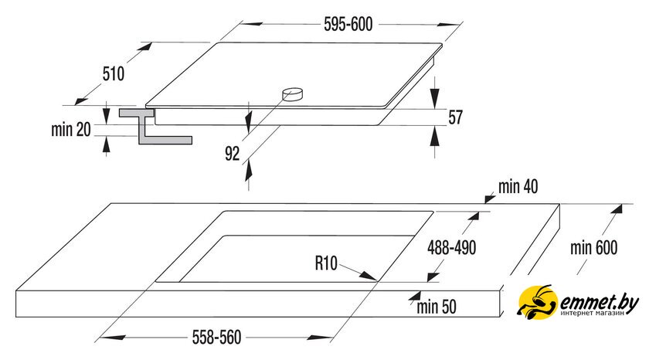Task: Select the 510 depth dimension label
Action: coord(113,74)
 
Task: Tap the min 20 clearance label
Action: coord(72,131)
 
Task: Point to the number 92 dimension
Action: coord(233,154)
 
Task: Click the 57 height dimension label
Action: coord(455,117)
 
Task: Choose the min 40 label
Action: coord(518,186)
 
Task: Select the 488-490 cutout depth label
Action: coord(452,247)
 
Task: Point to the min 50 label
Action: coord(437,307)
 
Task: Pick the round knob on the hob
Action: coord(293,94)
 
